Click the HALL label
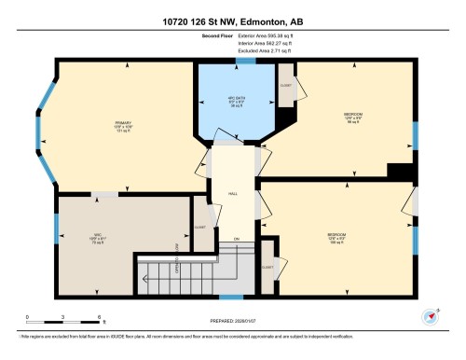(x=232, y=195)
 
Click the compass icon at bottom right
(x=430, y=315)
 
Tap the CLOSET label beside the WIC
(x=199, y=227)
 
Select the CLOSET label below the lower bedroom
(x=268, y=267)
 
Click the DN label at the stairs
(x=237, y=240)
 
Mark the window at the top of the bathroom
(x=245, y=61)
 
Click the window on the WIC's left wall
(x=56, y=226)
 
